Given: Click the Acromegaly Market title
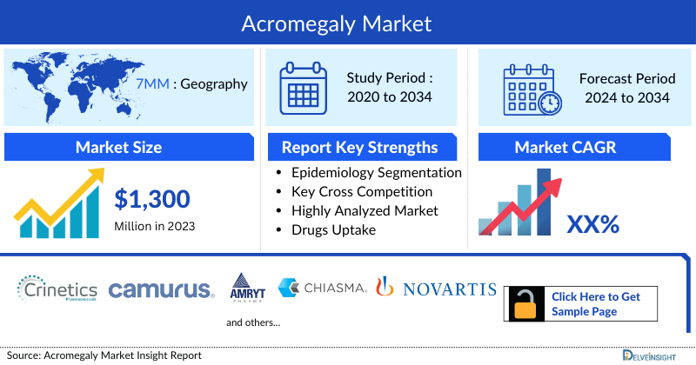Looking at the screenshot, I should click(348, 22).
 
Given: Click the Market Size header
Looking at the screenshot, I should click(118, 147).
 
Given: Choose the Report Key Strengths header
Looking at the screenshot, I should click(359, 147).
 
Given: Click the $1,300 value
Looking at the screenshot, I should click(152, 200).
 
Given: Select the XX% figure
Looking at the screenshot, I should click(592, 225).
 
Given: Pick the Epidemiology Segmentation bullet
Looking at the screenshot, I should click(377, 173).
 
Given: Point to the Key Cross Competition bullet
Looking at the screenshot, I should click(363, 192).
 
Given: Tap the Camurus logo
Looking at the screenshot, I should click(162, 289).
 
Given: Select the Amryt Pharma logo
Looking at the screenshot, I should click(244, 288).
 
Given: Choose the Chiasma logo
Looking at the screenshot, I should click(322, 288).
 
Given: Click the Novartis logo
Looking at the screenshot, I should click(436, 289).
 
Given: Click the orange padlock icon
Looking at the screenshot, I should click(525, 304).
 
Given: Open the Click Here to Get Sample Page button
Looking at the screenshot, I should click(596, 303).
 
